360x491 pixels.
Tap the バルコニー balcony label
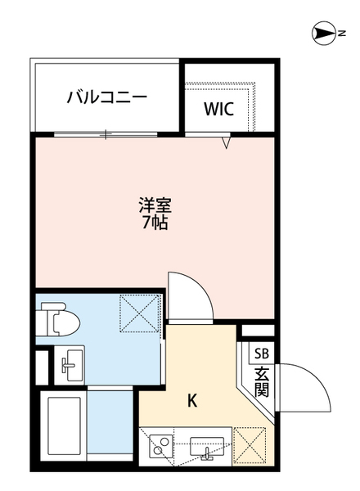click(106, 97)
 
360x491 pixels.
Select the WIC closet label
click(219, 108)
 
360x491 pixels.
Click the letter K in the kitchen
click(193, 401)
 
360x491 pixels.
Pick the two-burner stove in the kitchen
click(160, 447)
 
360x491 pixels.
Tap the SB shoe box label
click(261, 354)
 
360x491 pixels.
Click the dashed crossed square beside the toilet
click(138, 313)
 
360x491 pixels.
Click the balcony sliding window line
click(106, 133)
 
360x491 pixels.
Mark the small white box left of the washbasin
click(42, 365)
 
